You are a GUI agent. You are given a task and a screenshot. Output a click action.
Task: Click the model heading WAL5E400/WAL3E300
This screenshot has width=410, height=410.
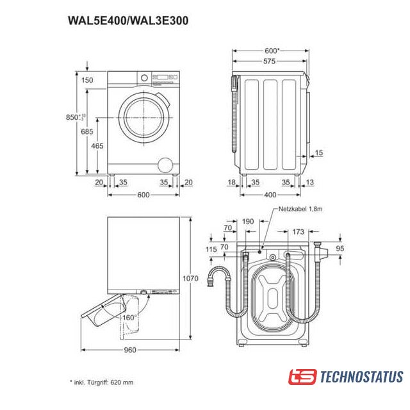tap(128, 20)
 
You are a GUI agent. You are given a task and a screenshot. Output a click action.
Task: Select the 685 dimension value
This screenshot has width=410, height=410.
tap(87, 131)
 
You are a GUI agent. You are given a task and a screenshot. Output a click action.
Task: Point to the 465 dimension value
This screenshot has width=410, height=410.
tap(97, 146)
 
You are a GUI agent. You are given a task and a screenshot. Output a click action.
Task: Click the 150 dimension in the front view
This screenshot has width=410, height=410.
tap(87, 80)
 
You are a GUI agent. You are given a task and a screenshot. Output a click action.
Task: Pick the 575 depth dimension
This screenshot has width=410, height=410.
tap(269, 61)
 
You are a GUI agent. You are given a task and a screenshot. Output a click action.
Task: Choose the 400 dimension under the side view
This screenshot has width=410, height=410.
tap(270, 195)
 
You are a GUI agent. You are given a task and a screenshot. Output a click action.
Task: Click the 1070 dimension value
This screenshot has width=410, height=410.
tap(190, 279)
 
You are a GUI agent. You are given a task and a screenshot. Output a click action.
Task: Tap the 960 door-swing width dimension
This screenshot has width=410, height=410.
tap(130, 350)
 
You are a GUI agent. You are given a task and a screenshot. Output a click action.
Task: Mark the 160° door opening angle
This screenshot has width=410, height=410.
tap(129, 318)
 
